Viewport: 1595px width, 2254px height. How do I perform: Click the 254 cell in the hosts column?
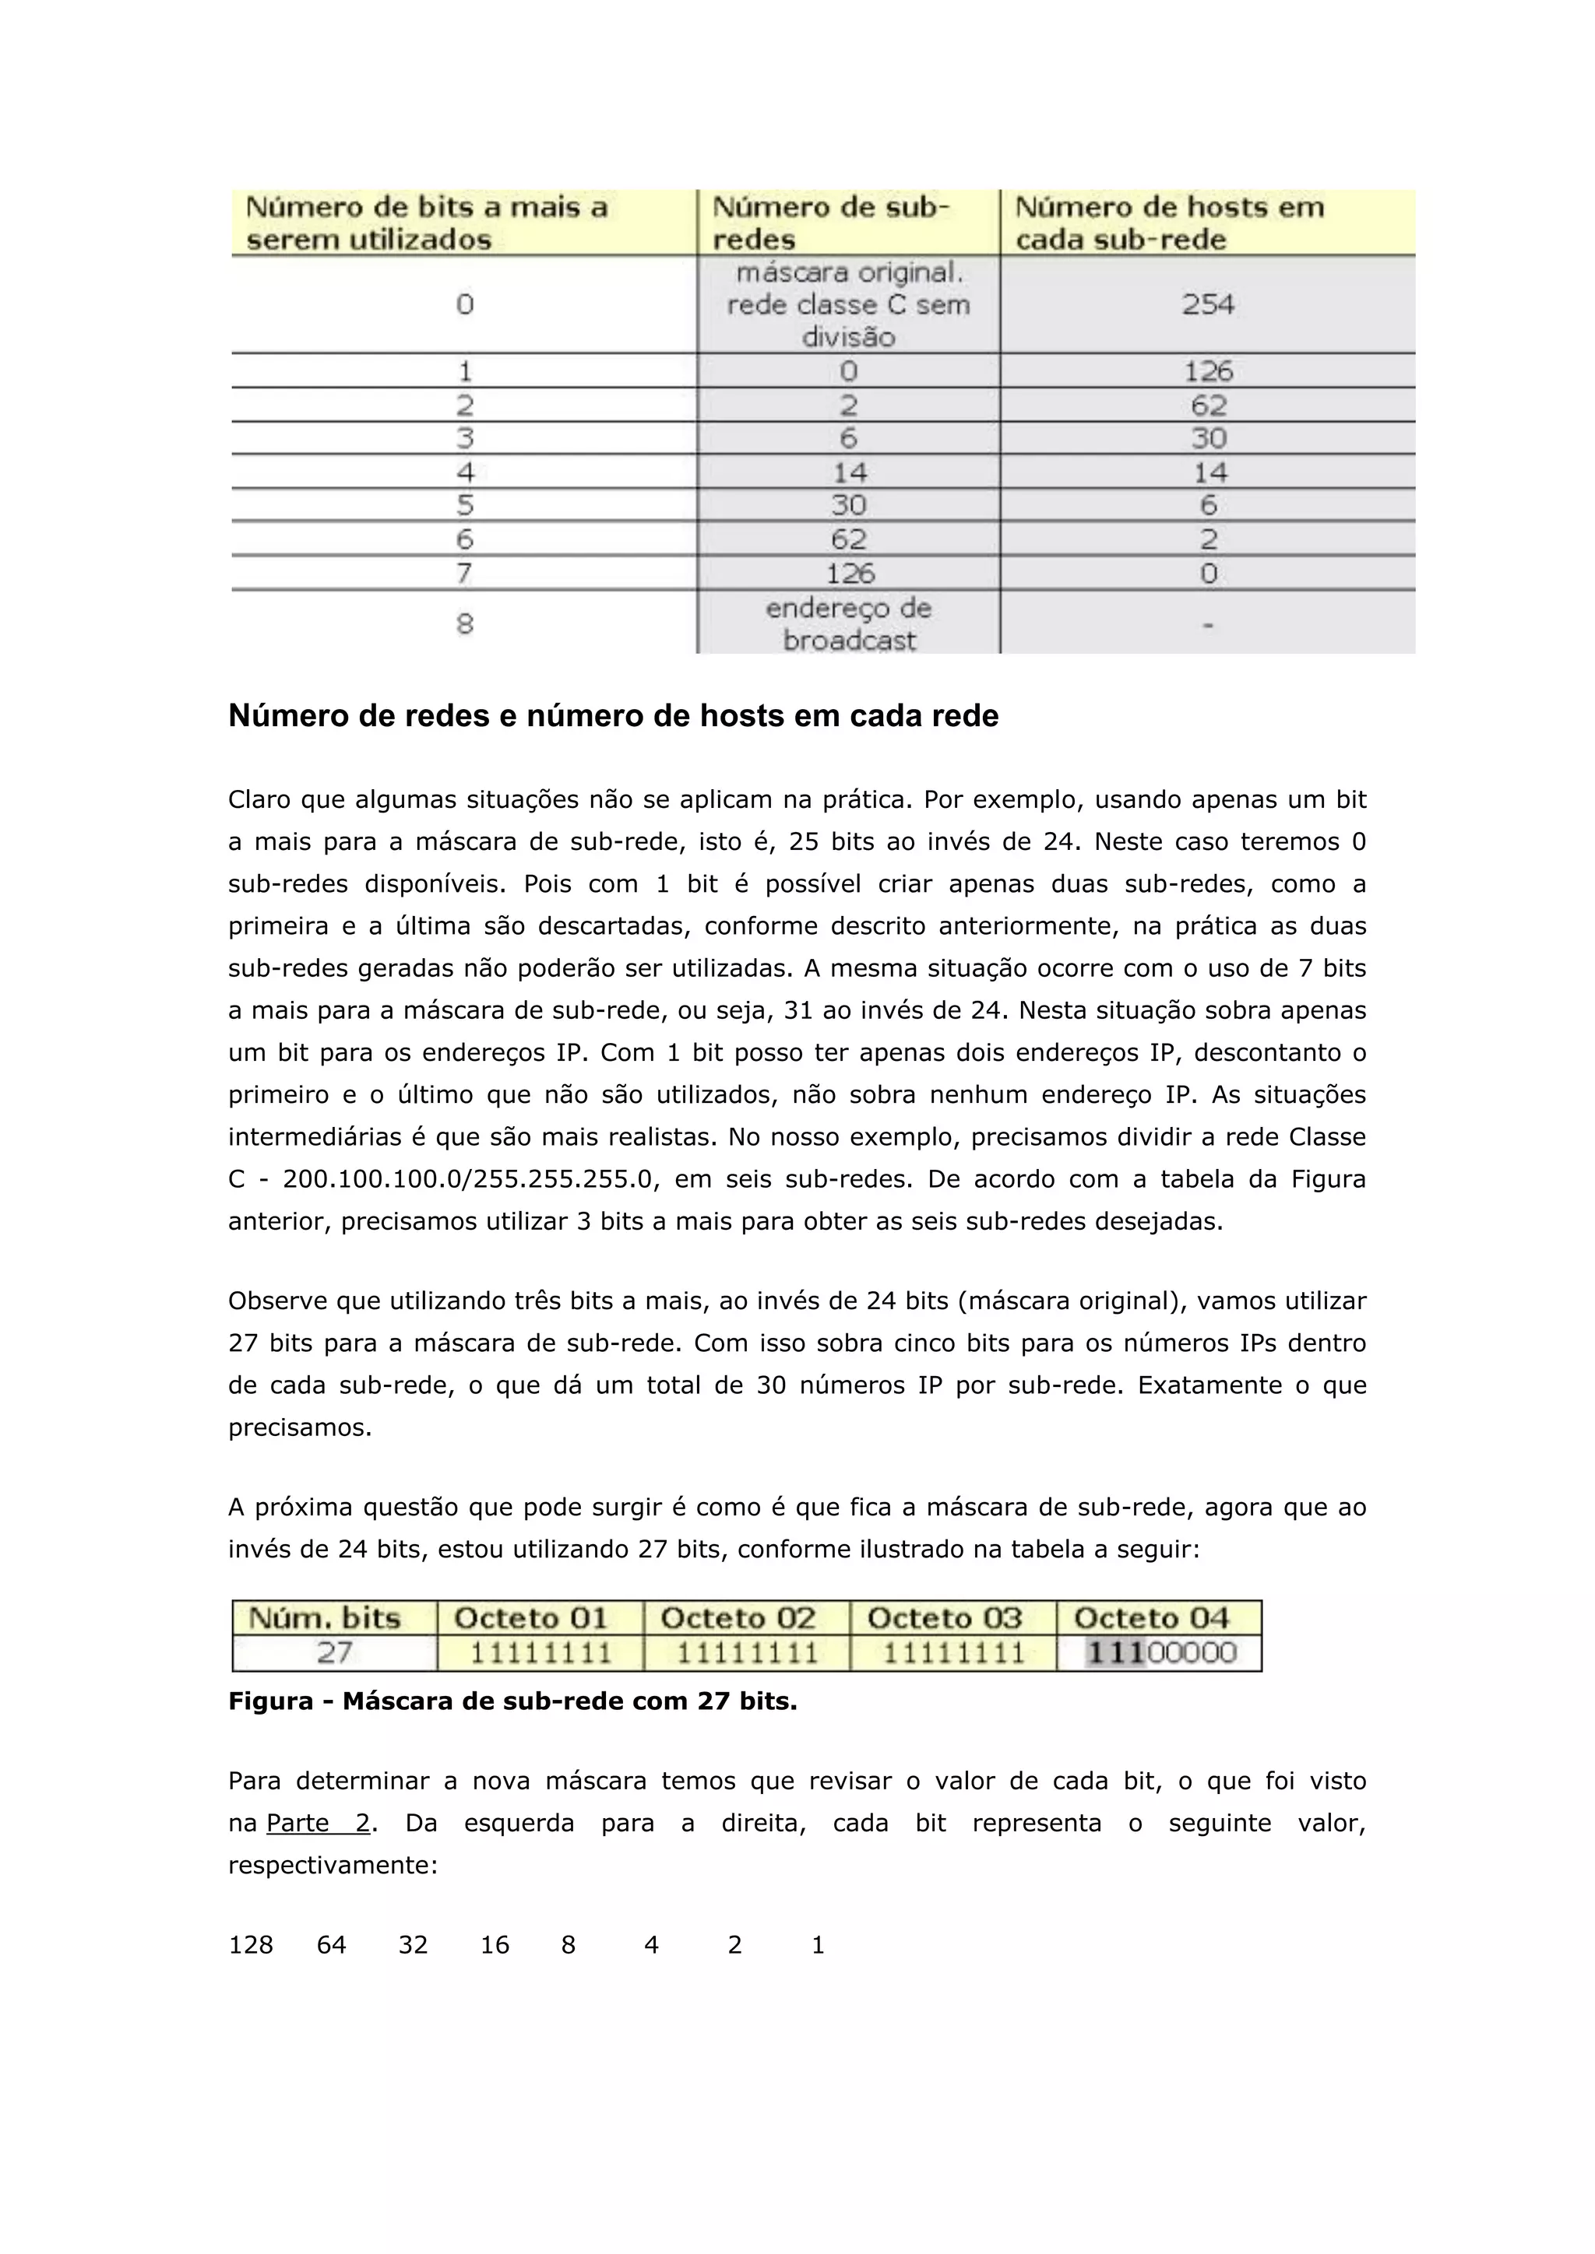[x=1207, y=304]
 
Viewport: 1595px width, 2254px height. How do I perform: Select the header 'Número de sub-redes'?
[x=830, y=223]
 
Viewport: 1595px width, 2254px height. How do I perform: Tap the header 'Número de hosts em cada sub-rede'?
[x=1169, y=223]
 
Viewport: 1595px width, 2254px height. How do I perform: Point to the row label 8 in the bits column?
[x=464, y=623]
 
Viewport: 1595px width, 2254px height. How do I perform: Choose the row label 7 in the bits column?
[x=464, y=572]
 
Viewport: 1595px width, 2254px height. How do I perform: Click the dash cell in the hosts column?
[x=1207, y=624]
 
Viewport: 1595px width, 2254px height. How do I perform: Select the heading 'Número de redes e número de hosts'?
[x=613, y=717]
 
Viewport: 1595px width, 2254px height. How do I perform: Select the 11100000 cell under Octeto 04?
[x=1160, y=1653]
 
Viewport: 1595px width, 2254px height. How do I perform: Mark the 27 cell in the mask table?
[x=334, y=1653]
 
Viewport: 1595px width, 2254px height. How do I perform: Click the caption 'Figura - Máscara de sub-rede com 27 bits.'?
[x=512, y=1701]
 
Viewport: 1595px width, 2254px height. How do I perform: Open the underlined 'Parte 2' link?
[x=319, y=1823]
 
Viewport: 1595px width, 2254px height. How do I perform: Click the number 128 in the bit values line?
[x=251, y=1945]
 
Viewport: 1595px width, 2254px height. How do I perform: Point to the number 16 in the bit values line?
[x=494, y=1945]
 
